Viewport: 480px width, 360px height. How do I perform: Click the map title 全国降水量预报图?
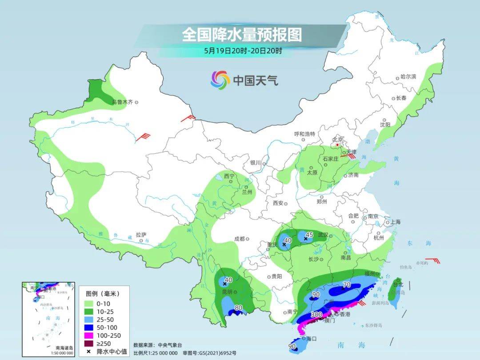[242, 35]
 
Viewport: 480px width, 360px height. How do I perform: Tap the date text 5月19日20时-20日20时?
[243, 51]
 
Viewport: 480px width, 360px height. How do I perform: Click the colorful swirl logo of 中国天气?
[220, 80]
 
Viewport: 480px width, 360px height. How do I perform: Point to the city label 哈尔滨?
[408, 77]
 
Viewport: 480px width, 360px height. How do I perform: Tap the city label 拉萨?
[141, 235]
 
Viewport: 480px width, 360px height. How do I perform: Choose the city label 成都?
[239, 239]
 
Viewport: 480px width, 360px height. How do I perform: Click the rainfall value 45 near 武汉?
[309, 234]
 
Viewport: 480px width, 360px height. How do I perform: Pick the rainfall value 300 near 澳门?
[316, 315]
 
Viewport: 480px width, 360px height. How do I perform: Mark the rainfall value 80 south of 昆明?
[238, 307]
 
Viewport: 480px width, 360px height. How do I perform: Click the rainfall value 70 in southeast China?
[347, 284]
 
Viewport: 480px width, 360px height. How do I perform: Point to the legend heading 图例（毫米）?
[103, 293]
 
